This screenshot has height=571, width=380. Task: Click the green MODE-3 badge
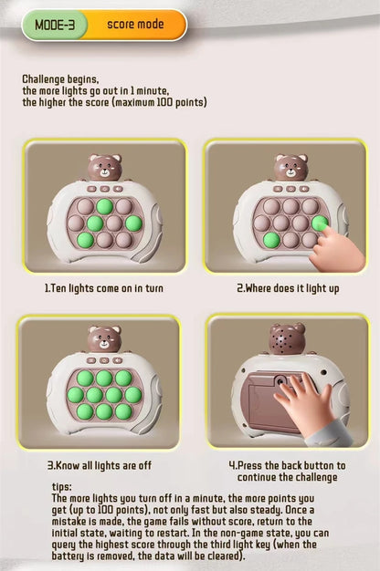pos(54,26)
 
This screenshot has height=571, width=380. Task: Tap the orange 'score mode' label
pos(134,26)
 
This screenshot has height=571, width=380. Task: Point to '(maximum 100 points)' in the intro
pos(164,101)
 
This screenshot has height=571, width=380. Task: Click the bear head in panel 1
pos(105,168)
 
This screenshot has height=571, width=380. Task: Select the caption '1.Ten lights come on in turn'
pos(103,288)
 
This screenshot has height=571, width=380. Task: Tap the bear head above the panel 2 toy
pos(290,168)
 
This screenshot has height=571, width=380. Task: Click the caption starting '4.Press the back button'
pos(287,465)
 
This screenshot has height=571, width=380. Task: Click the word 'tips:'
pos(62,487)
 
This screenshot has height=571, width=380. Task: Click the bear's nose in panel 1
pos(105,172)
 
